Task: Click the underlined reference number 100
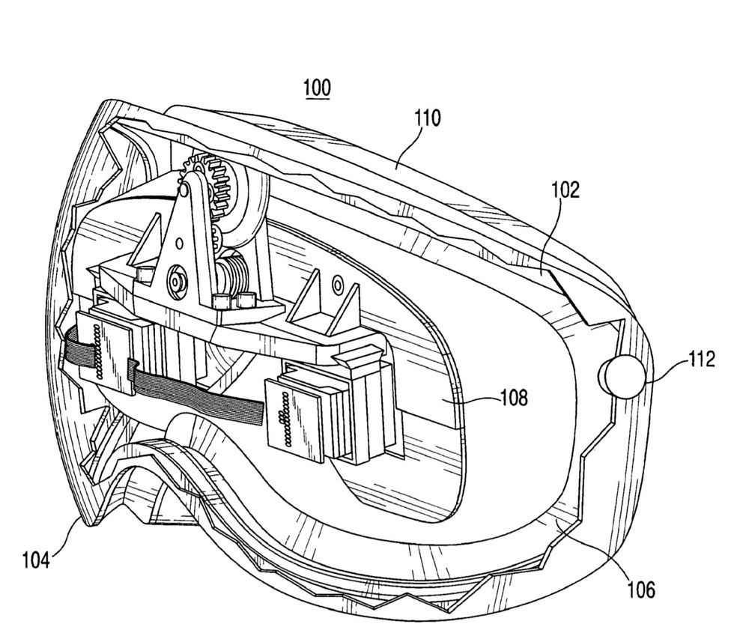click(317, 88)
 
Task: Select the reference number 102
click(565, 190)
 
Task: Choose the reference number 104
click(35, 558)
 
